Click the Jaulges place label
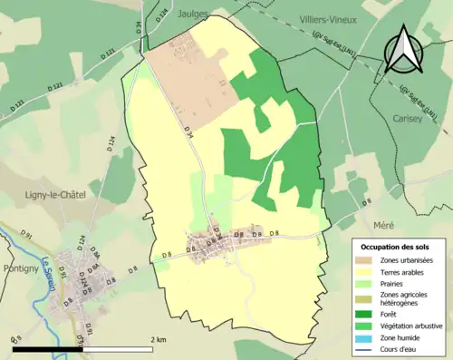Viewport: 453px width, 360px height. pyautogui.click(x=195, y=15)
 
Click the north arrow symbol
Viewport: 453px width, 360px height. pyautogui.click(x=402, y=50)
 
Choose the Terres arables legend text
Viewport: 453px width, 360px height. pyautogui.click(x=402, y=272)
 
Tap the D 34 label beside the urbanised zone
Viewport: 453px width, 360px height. pyautogui.click(x=188, y=133)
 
